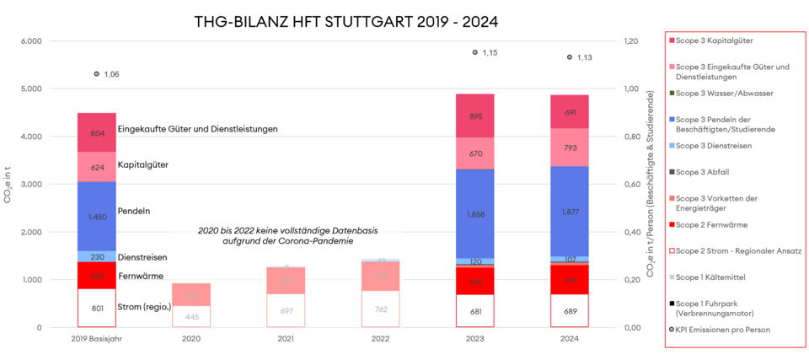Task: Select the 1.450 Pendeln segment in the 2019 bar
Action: pyautogui.click(x=97, y=217)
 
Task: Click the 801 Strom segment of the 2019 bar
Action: pyautogui.click(x=97, y=309)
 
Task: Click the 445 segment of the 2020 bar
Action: pyautogui.click(x=192, y=317)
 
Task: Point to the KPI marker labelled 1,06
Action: pyautogui.click(x=97, y=74)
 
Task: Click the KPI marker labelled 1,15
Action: pyautogui.click(x=474, y=52)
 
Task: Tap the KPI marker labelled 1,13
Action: pyautogui.click(x=570, y=57)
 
